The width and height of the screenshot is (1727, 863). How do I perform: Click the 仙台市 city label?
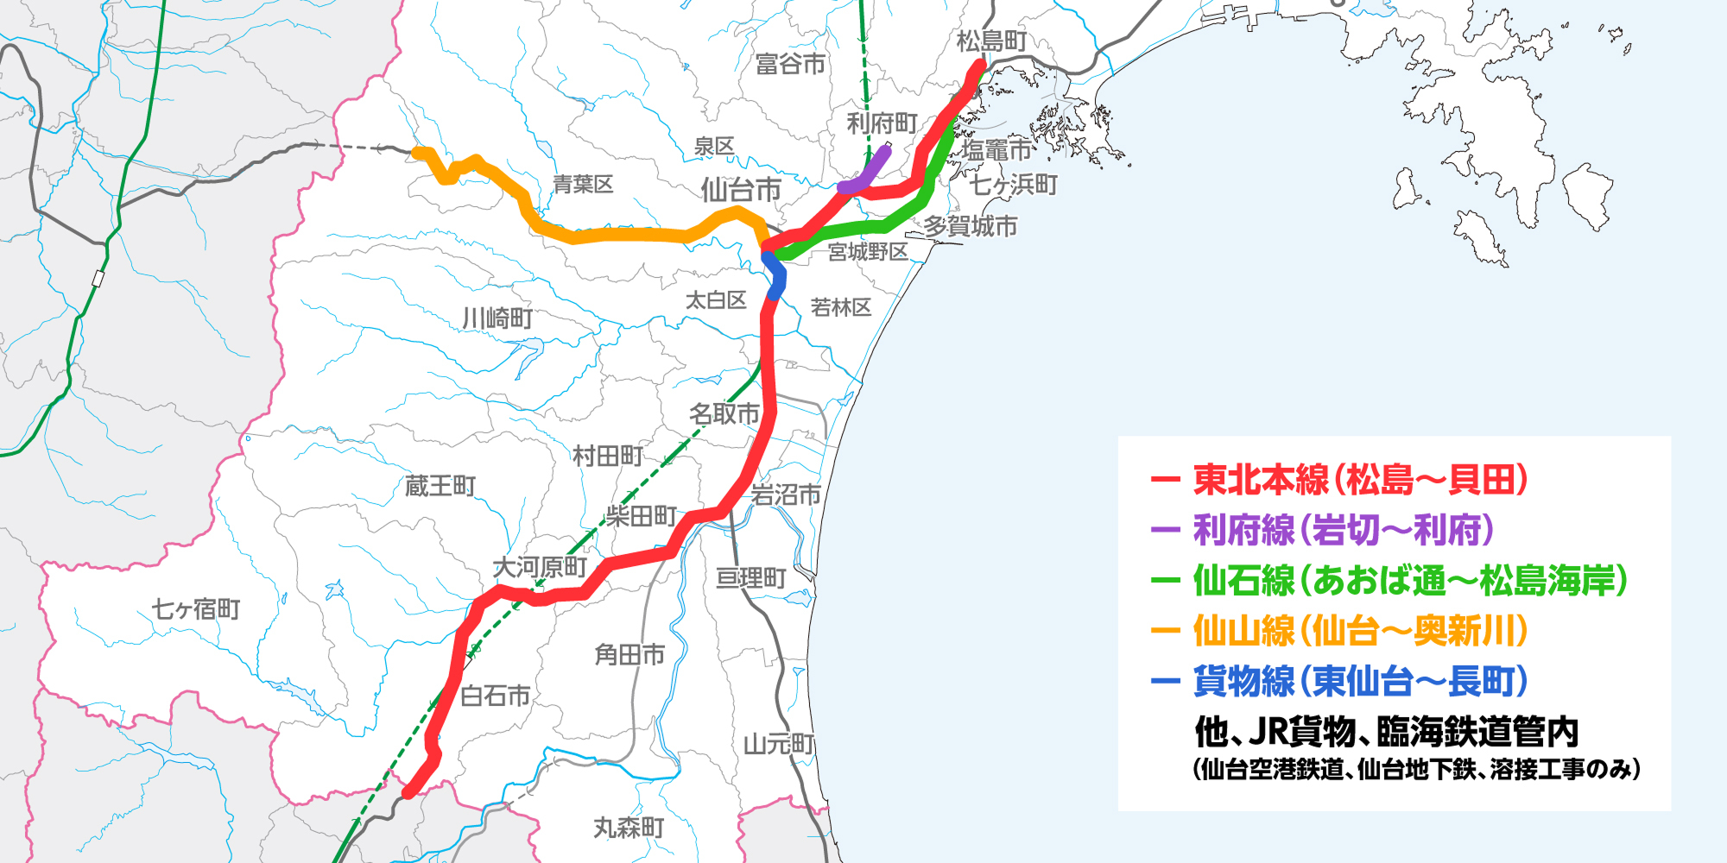pos(740,190)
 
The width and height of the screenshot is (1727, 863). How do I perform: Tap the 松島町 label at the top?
pos(992,41)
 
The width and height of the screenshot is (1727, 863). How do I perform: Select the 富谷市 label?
pos(790,64)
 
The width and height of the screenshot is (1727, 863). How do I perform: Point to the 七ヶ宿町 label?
pos(196,609)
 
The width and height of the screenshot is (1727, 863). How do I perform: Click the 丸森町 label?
pos(629,828)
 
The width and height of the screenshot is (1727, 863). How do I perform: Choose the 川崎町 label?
pos(497,318)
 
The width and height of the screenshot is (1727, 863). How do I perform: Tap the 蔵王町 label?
pos(440,486)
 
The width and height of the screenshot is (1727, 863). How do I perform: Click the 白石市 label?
pos(495,696)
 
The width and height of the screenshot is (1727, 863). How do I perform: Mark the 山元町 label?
pos(779,743)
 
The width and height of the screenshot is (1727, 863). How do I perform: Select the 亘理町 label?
pos(750,577)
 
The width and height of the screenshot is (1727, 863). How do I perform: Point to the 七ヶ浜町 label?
pos(1013,185)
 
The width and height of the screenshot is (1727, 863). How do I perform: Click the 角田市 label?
pos(629,655)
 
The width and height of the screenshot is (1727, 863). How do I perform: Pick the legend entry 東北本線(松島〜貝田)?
pos(1360,480)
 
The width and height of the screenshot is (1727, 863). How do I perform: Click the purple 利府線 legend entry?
pos(1343,530)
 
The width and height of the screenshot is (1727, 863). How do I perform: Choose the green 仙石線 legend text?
pos(1409,580)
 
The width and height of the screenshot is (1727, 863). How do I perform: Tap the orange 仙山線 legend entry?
pos(1360,631)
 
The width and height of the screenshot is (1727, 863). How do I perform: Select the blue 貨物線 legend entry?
pos(1360,681)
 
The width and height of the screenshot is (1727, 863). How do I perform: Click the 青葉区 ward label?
pos(583,184)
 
